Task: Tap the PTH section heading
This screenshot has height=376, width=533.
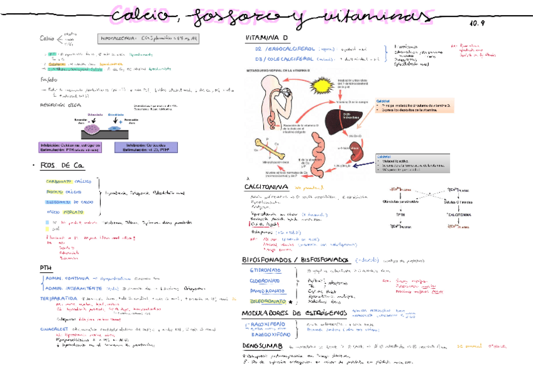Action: coord(45,267)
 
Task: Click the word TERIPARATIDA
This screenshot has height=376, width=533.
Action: coord(59,298)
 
